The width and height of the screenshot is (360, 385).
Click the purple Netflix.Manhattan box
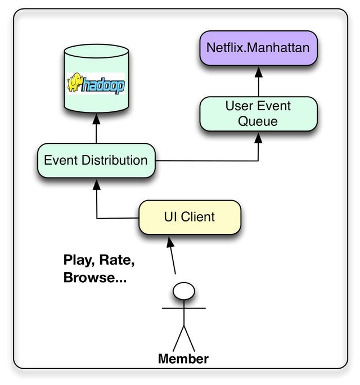click(258, 47)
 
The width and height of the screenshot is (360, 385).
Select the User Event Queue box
click(258, 114)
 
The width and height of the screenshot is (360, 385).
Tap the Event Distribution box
click(96, 160)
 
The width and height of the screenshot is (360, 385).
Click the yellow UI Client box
click(190, 216)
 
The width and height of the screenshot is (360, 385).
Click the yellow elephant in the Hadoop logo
click(75, 84)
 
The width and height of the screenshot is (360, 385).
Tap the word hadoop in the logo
click(104, 86)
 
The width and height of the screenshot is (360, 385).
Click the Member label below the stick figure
click(183, 359)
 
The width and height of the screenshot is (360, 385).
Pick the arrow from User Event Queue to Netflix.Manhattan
click(258, 81)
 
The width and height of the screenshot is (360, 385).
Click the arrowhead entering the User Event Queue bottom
click(258, 137)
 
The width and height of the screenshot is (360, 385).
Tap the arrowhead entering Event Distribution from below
click(97, 183)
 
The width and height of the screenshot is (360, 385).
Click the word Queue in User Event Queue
click(258, 121)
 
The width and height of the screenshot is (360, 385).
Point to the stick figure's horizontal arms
click(184, 308)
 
